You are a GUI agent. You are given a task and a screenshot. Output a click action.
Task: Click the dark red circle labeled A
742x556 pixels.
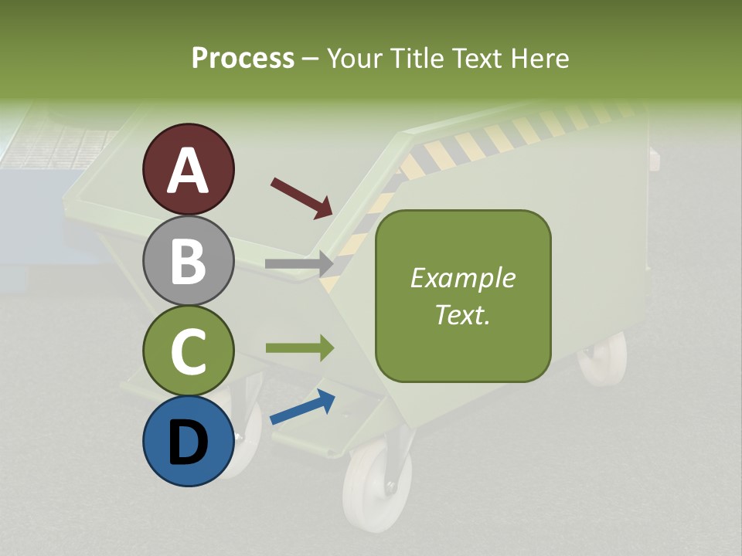coord(188,169)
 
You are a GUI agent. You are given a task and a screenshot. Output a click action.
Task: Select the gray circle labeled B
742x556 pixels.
coord(188,260)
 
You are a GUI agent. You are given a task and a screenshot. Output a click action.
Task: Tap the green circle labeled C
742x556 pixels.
coord(188,351)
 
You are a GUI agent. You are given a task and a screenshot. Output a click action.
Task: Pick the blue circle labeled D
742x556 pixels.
coord(188,441)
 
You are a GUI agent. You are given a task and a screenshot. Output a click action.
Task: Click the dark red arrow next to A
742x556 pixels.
coord(301,197)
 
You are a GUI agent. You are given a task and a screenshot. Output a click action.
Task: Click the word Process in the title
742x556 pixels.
coord(243,58)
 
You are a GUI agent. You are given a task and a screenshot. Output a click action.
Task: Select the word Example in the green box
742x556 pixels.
coord(462,278)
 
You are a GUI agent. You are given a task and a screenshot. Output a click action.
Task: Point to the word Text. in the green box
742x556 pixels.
coord(462,315)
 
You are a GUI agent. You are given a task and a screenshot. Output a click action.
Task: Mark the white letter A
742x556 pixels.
coord(188,171)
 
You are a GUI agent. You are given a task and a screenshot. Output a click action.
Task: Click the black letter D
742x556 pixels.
coord(188,442)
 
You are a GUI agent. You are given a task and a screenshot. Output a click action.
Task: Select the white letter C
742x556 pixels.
coord(188,351)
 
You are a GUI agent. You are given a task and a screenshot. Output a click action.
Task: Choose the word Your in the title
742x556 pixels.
coord(354,58)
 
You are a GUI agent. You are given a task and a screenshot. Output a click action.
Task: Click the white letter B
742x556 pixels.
coord(188,261)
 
